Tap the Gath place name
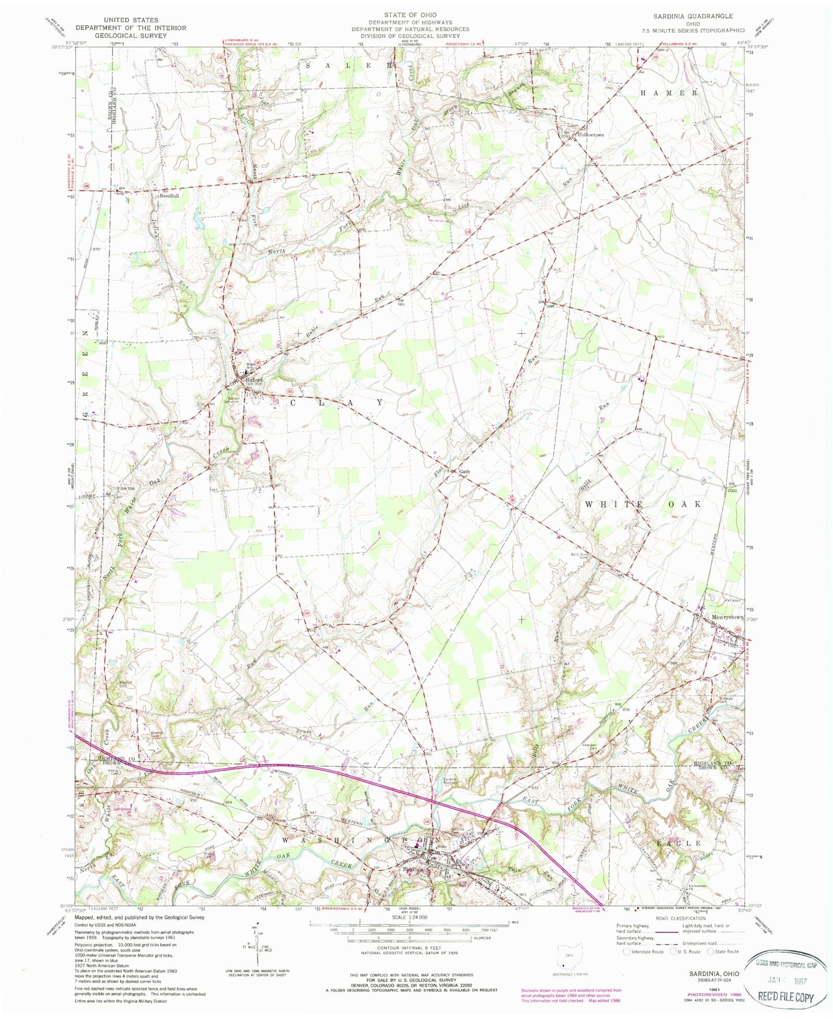coord(465,472)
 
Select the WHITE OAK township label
coord(644,505)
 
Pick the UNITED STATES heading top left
coord(130,20)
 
